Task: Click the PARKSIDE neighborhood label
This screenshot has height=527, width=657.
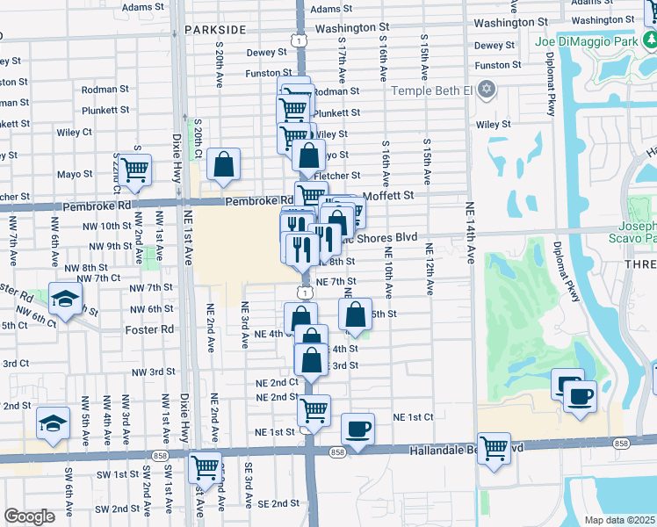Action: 215,29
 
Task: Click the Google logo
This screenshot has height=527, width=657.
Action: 29,516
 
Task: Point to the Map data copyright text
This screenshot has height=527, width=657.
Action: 619,520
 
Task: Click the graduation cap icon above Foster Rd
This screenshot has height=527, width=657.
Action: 65,298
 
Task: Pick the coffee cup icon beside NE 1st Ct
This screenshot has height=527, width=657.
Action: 357,429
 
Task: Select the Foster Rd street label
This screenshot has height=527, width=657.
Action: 149,329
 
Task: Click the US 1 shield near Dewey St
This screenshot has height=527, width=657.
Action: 300,40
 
